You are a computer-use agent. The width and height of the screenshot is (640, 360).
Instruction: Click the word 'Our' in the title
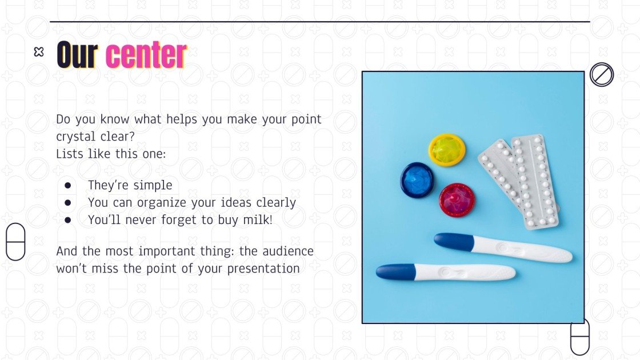pyautogui.click(x=77, y=55)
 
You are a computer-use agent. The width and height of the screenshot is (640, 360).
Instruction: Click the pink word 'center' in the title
pyautogui.click(x=146, y=55)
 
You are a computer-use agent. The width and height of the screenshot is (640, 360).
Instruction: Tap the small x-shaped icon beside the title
pyautogui.click(x=39, y=52)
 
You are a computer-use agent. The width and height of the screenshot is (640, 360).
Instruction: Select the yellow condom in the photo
pyautogui.click(x=447, y=150)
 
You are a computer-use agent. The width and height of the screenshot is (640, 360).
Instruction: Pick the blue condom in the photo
pyautogui.click(x=417, y=179)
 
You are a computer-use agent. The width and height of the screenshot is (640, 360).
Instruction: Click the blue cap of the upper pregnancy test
pyautogui.click(x=454, y=241)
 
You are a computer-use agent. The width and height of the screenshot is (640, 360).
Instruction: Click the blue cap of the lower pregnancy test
pyautogui.click(x=395, y=271)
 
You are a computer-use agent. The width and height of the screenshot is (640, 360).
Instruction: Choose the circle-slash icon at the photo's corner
pyautogui.click(x=602, y=74)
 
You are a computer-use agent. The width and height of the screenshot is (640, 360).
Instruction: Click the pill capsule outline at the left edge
pyautogui.click(x=16, y=242)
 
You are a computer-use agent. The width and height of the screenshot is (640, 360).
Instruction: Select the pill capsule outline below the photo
pyautogui.click(x=580, y=337)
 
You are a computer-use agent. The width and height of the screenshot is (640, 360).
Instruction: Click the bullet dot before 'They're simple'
pyautogui.click(x=68, y=185)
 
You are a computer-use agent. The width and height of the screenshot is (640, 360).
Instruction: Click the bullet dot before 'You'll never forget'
pyautogui.click(x=68, y=219)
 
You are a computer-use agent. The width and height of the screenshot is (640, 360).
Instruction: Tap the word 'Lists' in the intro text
pyautogui.click(x=70, y=154)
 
